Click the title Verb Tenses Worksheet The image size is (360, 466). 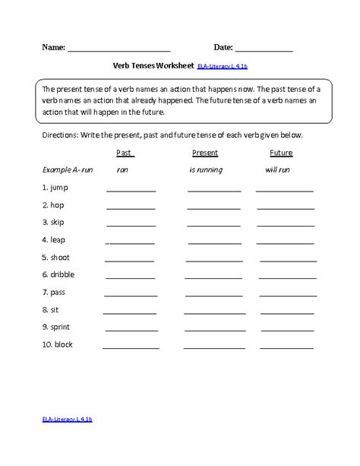(x=152, y=67)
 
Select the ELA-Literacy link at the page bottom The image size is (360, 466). (x=68, y=440)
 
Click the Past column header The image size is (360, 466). (x=125, y=153)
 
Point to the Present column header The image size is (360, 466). (x=205, y=153)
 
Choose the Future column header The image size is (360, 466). (x=281, y=153)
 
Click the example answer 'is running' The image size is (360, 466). (x=206, y=170)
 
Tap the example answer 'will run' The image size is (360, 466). (x=277, y=170)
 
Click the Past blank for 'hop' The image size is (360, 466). (x=131, y=208)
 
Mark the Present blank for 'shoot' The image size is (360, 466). (x=215, y=260)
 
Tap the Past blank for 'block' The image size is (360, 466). (x=131, y=347)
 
